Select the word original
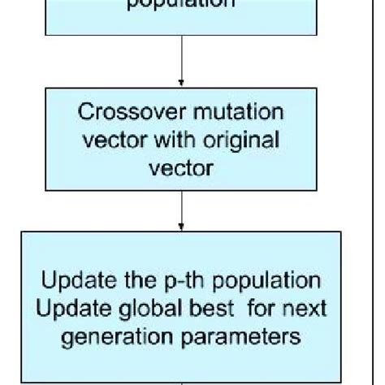[x=244, y=139]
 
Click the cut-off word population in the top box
[x=180, y=5]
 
